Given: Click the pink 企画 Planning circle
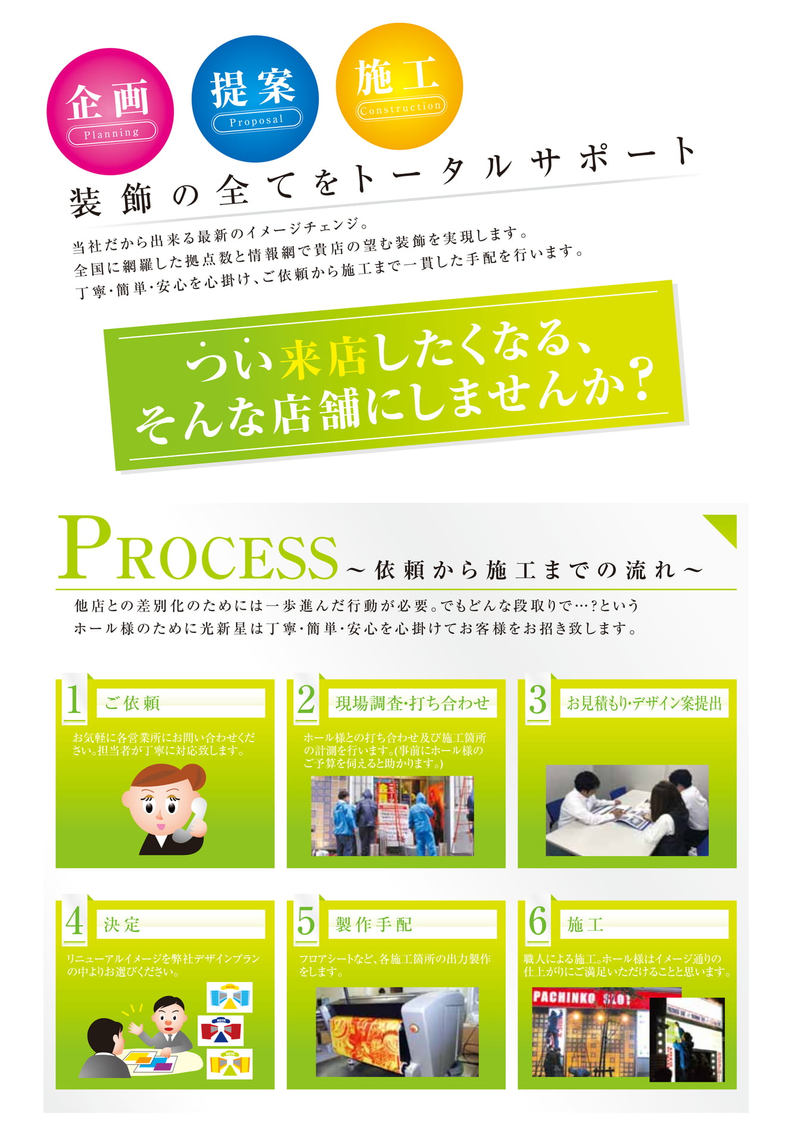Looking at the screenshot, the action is point(110,111).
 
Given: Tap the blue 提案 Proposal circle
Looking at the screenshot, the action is point(255,99).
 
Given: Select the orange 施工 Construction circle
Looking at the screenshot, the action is point(399,86).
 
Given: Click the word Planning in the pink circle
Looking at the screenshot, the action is point(112,133).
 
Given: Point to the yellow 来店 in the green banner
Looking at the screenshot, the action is point(323,357).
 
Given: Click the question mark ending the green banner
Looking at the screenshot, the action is point(641,379).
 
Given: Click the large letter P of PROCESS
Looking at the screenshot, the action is point(86,547).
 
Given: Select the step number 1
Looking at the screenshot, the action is point(74,699).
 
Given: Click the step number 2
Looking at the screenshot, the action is point(306,699).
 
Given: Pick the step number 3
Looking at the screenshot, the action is point(537,699).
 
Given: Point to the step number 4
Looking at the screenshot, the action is point(74,921).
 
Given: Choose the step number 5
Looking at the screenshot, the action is point(306,921).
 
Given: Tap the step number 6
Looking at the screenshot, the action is point(537,921).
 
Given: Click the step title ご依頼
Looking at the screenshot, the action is point(132,703).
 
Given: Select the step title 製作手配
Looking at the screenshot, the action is point(374,924).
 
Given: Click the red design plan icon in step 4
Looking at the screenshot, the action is point(222,1030).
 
